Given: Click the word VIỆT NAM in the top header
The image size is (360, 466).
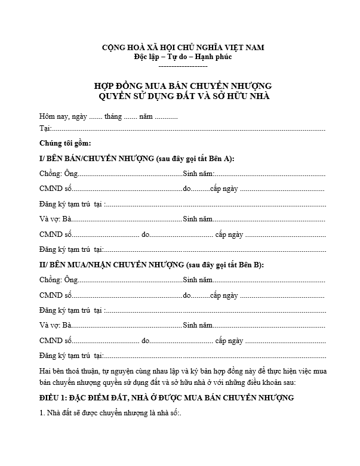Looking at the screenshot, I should tap(241, 47).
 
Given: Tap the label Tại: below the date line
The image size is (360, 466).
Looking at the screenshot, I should tap(45, 128).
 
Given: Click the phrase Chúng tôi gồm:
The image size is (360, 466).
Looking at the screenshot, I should tap(65, 144).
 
